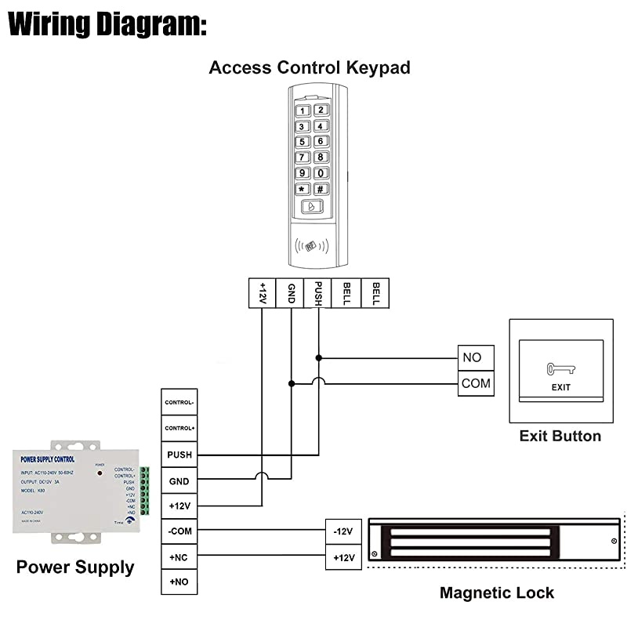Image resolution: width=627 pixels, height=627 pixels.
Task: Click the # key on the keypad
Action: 321,189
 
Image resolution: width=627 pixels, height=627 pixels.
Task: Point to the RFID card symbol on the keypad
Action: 312,245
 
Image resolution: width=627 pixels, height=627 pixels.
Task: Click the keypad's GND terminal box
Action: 291,293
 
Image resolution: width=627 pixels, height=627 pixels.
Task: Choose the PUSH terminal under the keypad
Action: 319,293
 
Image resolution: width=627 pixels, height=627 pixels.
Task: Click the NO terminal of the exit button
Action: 476,357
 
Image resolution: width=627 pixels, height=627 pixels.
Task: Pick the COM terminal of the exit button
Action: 476,383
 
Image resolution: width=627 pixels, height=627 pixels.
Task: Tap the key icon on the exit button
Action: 560,368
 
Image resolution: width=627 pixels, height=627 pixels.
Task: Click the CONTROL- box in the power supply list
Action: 179,403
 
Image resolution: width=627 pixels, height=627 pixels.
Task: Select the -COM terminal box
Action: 179,531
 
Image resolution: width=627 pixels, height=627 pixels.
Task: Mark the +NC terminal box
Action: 179,556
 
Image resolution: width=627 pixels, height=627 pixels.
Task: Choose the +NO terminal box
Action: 179,582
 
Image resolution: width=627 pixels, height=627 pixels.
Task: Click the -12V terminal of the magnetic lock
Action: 343,531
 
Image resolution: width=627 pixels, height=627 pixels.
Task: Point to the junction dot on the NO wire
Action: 319,357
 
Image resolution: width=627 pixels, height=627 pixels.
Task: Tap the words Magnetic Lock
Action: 496,593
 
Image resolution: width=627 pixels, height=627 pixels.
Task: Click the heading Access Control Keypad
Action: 310,67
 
